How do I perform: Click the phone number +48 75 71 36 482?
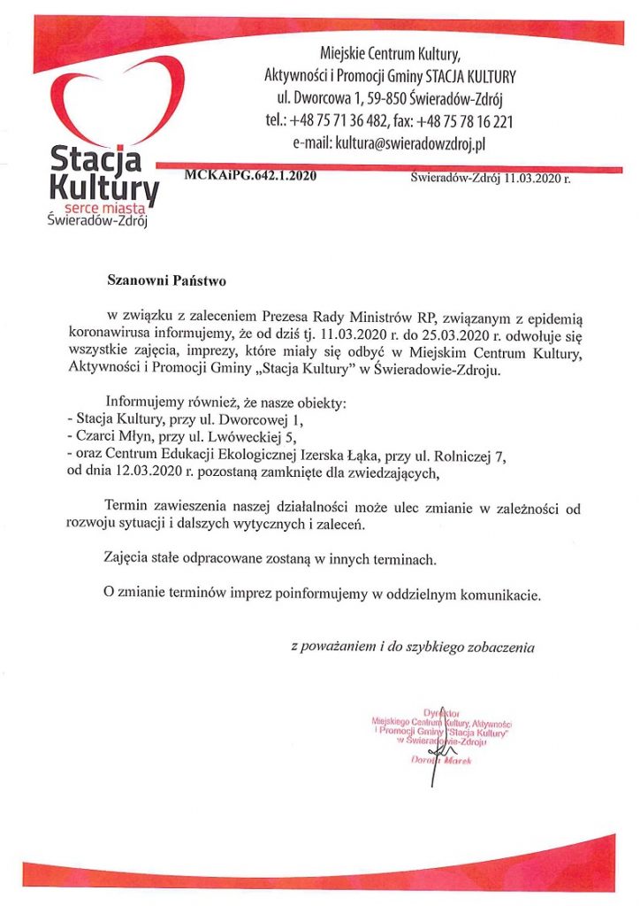coord(347,119)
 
